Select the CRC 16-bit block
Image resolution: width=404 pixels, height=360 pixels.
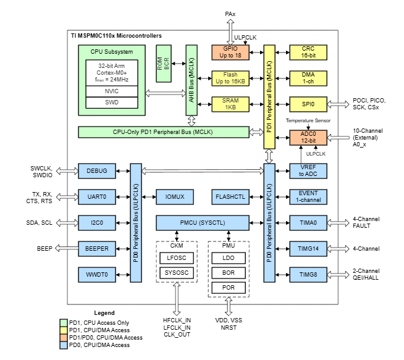(x=308, y=52)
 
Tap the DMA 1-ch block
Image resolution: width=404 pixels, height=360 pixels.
(x=308, y=78)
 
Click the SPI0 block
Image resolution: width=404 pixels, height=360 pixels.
(x=308, y=104)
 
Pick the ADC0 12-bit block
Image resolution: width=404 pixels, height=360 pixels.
(x=308, y=137)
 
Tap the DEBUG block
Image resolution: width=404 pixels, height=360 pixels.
(x=97, y=170)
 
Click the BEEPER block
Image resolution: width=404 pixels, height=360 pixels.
(x=97, y=248)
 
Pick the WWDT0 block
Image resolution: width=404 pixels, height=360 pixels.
(x=97, y=274)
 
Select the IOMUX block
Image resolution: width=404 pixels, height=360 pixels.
(x=175, y=196)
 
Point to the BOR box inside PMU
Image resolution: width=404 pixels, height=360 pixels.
(x=229, y=272)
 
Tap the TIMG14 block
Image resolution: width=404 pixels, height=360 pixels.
(x=308, y=248)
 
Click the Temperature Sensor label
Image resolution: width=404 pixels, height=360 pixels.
(x=308, y=122)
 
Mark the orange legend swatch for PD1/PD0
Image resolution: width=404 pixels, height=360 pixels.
(x=64, y=338)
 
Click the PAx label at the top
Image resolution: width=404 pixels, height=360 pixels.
(x=231, y=12)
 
